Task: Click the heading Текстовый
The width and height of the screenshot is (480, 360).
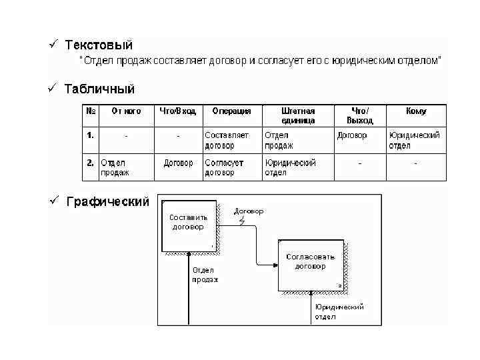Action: click(99, 45)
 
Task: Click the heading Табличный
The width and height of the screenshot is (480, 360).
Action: click(100, 89)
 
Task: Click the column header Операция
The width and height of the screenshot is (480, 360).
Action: click(231, 111)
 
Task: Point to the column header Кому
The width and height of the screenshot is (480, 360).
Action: click(416, 111)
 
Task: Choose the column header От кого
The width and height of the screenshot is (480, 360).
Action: click(126, 111)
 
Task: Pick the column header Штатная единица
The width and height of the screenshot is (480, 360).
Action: click(298, 116)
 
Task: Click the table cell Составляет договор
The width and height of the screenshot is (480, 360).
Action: click(227, 140)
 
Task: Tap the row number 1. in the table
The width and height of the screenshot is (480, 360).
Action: click(90, 135)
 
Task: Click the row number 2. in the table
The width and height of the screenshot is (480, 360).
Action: click(90, 162)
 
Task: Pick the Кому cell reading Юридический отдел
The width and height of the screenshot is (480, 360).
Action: click(414, 140)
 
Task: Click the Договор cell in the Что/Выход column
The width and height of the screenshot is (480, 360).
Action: click(352, 135)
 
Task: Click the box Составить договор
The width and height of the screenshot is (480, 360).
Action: click(188, 223)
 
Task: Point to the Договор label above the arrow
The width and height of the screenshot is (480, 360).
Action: click(249, 211)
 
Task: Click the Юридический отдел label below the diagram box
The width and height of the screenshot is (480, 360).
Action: click(339, 311)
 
